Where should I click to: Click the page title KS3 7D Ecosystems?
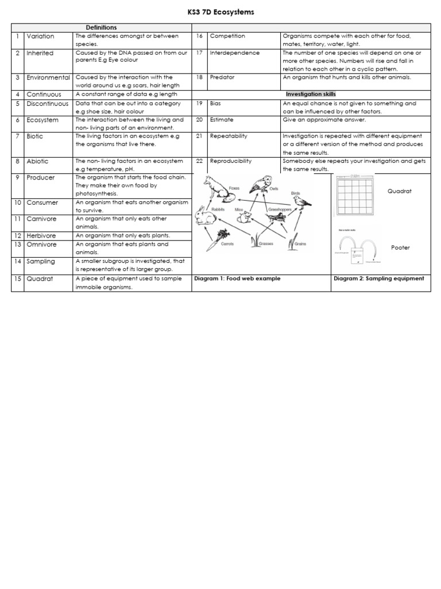click(220, 12)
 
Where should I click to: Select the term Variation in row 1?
click(40, 36)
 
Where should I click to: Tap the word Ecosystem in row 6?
click(42, 120)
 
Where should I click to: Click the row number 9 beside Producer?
click(18, 178)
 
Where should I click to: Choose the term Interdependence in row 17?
click(235, 53)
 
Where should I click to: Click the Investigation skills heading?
click(311, 94)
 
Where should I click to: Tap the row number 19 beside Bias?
click(199, 104)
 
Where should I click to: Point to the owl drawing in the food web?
click(261, 185)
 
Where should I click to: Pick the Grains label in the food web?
click(300, 244)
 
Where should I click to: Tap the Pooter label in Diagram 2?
click(400, 247)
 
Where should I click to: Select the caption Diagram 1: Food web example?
click(237, 278)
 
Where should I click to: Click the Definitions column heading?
click(101, 28)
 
